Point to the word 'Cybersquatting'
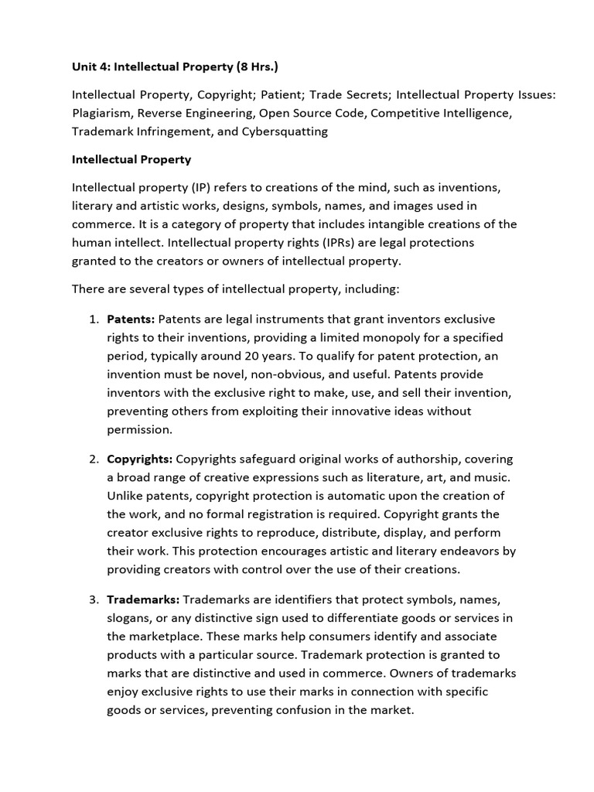pos(286,131)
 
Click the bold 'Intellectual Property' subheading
pos(131,159)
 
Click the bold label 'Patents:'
pos(131,319)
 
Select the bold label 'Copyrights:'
pos(139,459)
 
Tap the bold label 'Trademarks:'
pos(143,599)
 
